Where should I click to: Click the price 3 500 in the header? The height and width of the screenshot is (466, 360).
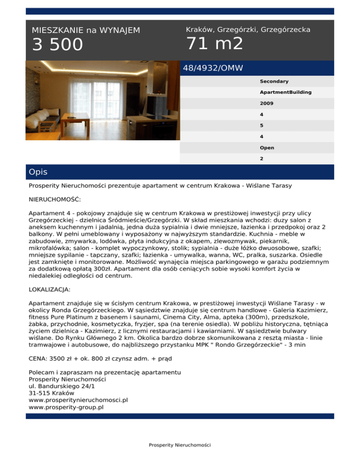point(57,45)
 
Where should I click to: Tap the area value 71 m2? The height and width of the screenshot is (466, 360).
point(214,44)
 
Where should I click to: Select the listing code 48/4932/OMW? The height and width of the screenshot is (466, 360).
point(213,68)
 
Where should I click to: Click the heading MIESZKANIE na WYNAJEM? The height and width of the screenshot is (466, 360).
point(86,30)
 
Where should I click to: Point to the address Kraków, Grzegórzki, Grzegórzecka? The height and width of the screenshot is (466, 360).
point(248,30)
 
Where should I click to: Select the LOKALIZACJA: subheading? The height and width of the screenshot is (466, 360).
point(50,290)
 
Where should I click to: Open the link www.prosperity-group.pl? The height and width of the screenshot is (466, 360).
point(66,407)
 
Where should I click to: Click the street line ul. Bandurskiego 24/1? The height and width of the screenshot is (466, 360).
point(60,386)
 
